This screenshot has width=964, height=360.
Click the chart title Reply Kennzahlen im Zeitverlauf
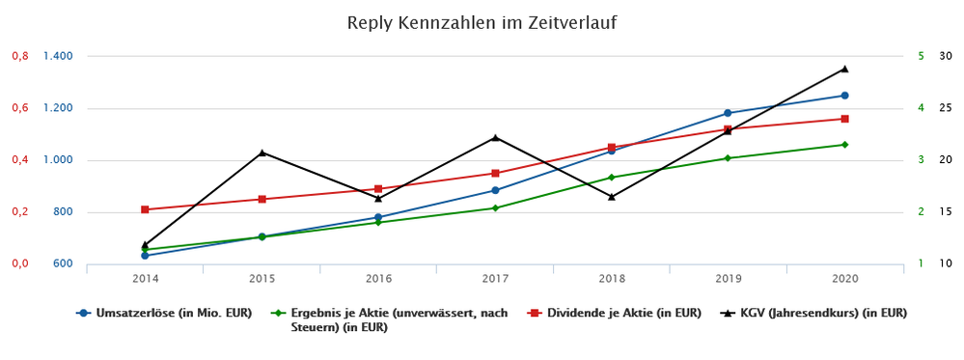(x=482, y=22)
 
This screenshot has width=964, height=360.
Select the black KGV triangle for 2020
(x=844, y=69)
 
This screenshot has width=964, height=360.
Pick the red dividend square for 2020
(x=844, y=119)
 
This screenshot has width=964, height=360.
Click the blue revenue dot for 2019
(x=728, y=113)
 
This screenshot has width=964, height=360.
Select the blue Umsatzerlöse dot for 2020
(x=844, y=96)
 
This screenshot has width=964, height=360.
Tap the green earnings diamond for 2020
(x=844, y=145)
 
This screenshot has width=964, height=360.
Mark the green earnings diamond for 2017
(x=495, y=208)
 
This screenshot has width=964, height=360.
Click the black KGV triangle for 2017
(x=495, y=137)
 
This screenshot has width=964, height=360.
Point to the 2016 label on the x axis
(x=378, y=278)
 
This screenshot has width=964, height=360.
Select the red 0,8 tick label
(x=19, y=56)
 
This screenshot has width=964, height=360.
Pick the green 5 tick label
(x=922, y=56)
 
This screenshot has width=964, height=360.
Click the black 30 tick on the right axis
(x=946, y=56)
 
